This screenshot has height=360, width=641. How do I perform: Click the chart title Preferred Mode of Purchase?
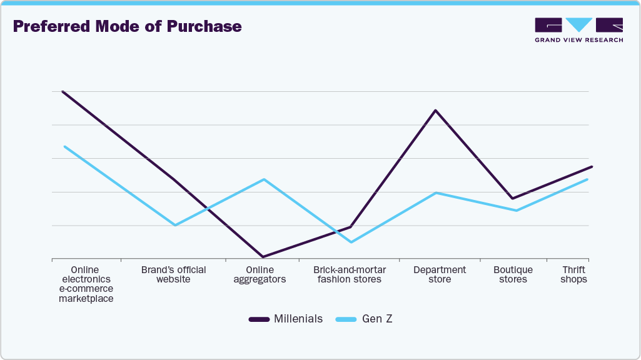tap(127, 27)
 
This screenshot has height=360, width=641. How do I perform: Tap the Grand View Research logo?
tap(578, 29)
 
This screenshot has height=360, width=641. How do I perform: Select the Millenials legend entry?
tap(286, 319)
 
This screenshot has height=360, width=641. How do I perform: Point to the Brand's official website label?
tap(173, 275)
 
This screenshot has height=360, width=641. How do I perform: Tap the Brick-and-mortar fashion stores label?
tap(350, 275)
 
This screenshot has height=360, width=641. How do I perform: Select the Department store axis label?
tap(440, 275)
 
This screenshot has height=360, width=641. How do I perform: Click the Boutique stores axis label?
tap(513, 275)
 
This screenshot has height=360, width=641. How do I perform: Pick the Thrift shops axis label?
tap(573, 275)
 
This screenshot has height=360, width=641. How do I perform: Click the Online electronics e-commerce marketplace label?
tap(86, 284)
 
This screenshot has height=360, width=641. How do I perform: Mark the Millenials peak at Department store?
tap(435, 111)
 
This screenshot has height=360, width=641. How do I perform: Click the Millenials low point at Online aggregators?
tap(263, 256)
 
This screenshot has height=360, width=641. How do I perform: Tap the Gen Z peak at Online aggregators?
tap(265, 179)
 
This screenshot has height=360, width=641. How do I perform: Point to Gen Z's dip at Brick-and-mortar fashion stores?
tap(351, 242)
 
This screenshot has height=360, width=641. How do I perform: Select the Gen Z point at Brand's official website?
tap(175, 225)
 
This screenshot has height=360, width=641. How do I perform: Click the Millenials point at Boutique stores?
tap(513, 199)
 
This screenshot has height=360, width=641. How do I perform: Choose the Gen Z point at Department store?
tap(436, 192)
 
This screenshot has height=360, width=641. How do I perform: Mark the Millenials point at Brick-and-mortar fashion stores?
tap(351, 227)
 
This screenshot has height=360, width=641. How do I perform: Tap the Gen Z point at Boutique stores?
tap(516, 210)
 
